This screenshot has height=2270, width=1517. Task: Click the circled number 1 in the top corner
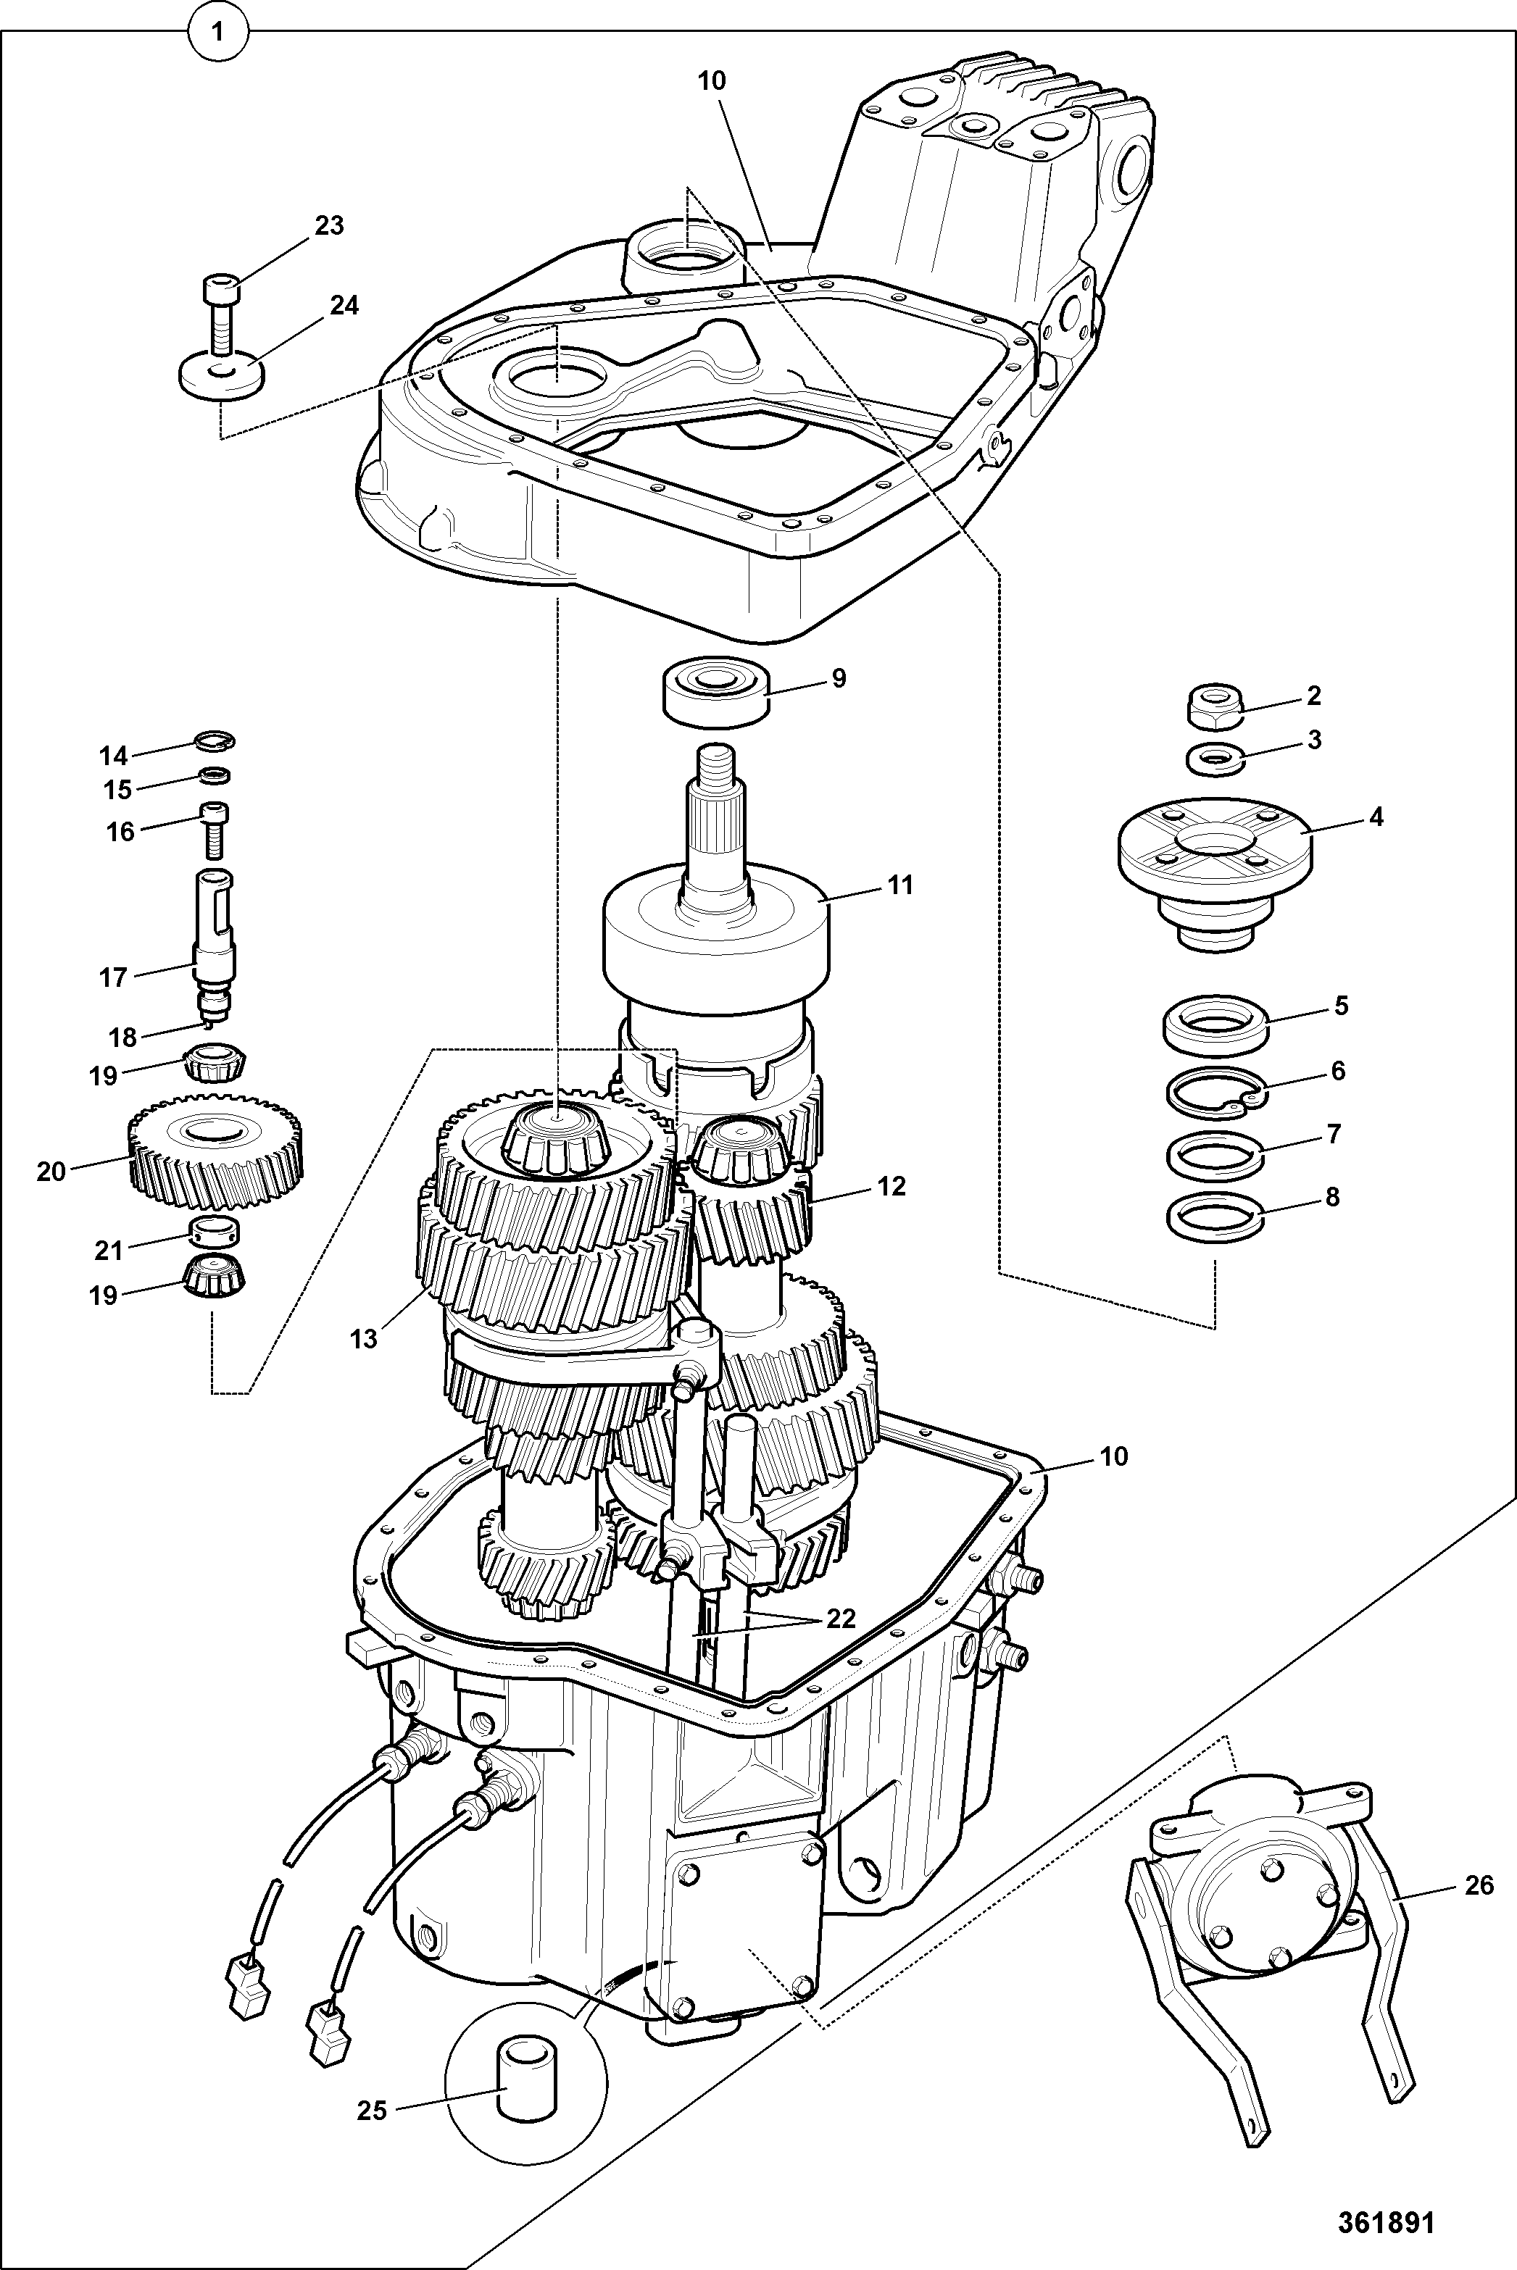pyautogui.click(x=217, y=32)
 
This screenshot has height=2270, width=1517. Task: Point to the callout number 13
pyautogui.click(x=364, y=1340)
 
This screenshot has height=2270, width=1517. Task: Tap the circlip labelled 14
pyautogui.click(x=214, y=742)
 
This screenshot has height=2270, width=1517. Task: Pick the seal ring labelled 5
pyautogui.click(x=1216, y=1025)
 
